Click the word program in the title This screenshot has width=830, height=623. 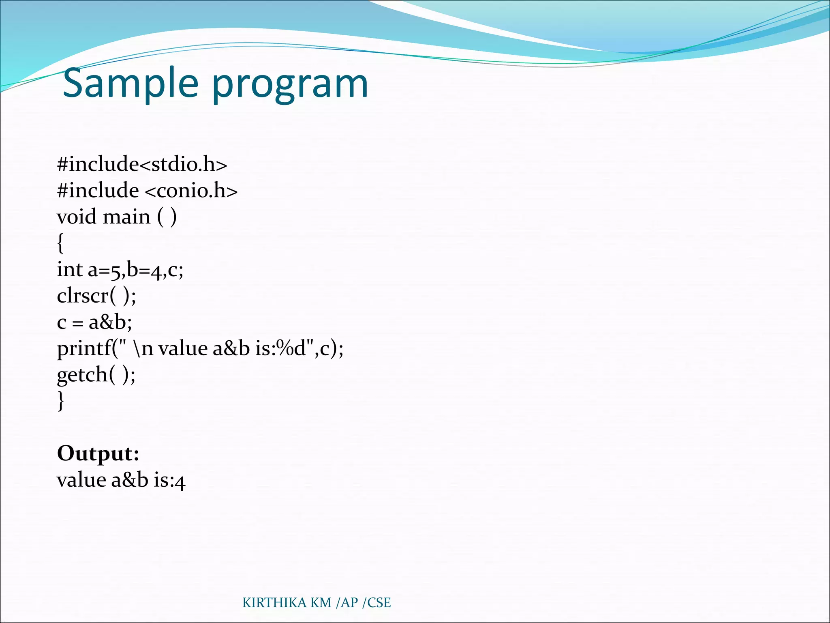290,85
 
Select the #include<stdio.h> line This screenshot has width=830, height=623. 142,164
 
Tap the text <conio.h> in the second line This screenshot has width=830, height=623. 191,191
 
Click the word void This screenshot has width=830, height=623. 77,217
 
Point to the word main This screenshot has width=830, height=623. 127,217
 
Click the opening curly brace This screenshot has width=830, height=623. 60,243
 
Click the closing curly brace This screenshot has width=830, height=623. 60,401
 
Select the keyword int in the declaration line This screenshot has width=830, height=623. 69,269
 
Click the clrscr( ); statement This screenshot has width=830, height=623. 96,296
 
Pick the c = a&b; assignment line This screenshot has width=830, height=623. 94,322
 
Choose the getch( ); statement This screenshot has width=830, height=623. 96,375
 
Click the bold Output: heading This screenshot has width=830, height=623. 98,453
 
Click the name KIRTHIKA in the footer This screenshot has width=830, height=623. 274,603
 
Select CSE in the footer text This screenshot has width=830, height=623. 379,603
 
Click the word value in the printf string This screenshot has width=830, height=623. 182,348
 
